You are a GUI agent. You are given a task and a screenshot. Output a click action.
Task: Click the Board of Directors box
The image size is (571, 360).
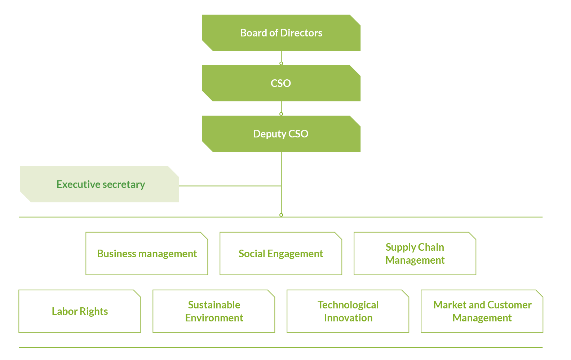tap(281, 33)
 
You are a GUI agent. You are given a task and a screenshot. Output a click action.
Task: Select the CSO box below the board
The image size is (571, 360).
tap(281, 83)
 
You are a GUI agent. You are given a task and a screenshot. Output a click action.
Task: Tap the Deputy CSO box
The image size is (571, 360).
tap(281, 134)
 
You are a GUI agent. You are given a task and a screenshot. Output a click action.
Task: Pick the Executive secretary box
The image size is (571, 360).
tap(99, 184)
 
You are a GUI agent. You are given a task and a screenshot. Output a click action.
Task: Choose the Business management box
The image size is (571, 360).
tap(147, 253)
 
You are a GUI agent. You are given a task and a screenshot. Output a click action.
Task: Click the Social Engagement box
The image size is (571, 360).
tap(281, 253)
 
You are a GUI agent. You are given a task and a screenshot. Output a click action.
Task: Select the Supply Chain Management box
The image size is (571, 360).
tap(415, 253)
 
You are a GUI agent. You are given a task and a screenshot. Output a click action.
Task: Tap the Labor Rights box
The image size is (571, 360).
tap(80, 311)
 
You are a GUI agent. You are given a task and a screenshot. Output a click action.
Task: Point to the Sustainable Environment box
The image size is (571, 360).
tap(214, 311)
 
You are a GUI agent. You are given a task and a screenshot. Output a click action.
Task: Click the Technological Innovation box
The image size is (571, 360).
tap(348, 311)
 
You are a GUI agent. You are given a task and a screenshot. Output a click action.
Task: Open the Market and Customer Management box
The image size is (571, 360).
tap(482, 311)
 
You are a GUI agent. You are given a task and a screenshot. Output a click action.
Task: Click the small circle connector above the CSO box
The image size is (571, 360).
tap(281, 63)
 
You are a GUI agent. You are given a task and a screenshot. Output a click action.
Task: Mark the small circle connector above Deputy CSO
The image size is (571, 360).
tap(281, 114)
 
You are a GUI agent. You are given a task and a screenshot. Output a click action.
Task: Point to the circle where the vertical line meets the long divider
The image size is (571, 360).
tap(281, 215)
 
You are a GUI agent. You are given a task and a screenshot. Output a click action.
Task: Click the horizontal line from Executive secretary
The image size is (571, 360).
tap(230, 186)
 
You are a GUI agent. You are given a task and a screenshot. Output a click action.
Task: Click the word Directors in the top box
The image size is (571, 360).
tap(301, 33)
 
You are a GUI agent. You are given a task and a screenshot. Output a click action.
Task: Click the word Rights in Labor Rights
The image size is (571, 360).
tap(94, 312)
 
